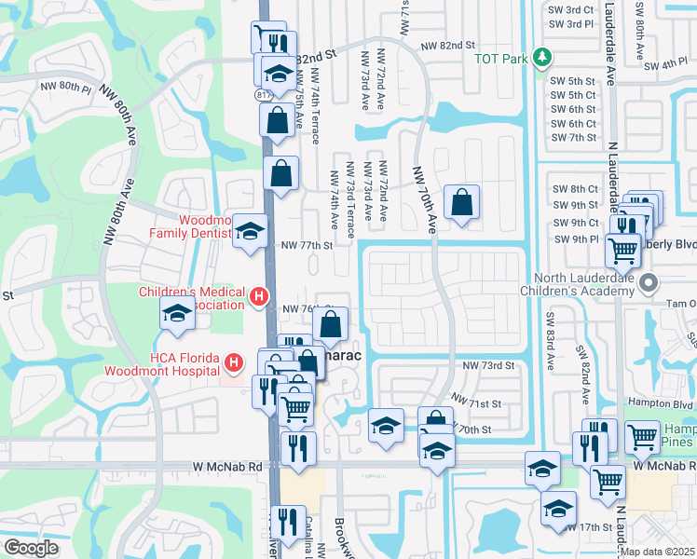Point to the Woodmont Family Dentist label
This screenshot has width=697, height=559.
tap(189, 227)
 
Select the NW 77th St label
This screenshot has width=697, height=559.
tap(307, 245)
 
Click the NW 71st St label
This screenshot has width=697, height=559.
tap(476, 401)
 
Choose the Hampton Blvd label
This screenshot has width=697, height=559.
tap(669, 405)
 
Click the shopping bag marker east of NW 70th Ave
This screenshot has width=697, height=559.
tap(461, 202)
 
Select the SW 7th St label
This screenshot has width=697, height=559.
tap(573, 138)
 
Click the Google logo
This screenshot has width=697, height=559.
tap(32, 548)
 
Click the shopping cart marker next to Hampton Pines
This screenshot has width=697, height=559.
tap(642, 437)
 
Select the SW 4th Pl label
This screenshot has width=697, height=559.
tap(663, 63)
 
